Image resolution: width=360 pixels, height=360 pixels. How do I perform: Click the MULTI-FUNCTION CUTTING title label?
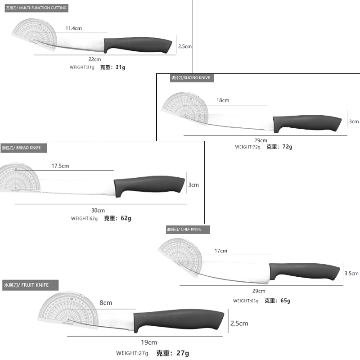coord(36,8)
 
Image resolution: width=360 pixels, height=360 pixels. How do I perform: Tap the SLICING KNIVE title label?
coord(190,78)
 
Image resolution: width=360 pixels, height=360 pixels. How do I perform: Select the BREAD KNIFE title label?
coord(24,148)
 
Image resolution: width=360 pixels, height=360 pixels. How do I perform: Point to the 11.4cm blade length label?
coord(73,28)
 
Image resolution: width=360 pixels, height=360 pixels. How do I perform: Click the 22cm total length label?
coord(94,59)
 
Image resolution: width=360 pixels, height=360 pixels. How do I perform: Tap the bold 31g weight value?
coord(120,67)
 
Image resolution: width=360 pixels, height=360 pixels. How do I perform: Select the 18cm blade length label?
coord(223,100)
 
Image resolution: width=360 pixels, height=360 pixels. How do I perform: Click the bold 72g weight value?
coord(287,147)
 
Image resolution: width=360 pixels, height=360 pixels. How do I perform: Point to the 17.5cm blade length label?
coord(60,166)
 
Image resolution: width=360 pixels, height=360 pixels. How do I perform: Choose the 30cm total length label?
coord(98,211)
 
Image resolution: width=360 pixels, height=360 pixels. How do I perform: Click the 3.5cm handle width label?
coord(351,273)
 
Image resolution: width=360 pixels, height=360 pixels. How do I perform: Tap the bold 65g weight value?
coord(286,301)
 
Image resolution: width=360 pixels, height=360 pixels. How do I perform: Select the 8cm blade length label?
coord(106,303)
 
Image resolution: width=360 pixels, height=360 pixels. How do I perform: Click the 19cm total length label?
coord(149,342)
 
